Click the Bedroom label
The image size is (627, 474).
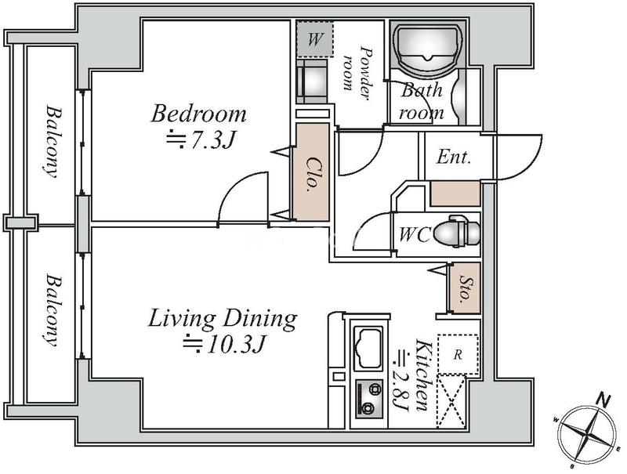198,114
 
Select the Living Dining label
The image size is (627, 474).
223,320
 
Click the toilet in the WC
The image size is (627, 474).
456,231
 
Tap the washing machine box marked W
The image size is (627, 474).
315,39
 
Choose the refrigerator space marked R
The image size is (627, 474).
458,354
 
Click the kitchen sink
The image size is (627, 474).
368,347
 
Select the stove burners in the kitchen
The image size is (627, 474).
369,399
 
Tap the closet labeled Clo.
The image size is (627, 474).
311,172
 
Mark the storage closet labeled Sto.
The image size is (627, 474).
464,288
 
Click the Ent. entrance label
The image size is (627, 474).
454,157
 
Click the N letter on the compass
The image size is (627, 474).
603,400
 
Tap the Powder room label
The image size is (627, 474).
357,73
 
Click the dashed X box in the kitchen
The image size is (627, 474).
451,401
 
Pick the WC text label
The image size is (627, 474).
415,234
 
